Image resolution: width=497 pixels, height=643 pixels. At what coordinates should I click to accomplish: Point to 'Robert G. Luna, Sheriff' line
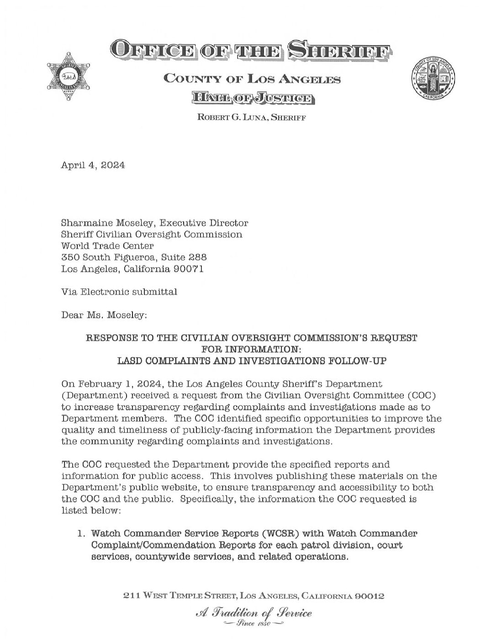tap(251, 118)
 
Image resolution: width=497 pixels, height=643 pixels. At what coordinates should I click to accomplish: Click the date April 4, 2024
tap(93, 166)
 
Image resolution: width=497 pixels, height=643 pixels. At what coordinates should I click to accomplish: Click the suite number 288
tap(194, 258)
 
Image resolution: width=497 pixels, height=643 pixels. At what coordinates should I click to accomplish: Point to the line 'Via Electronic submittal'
tap(119, 292)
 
